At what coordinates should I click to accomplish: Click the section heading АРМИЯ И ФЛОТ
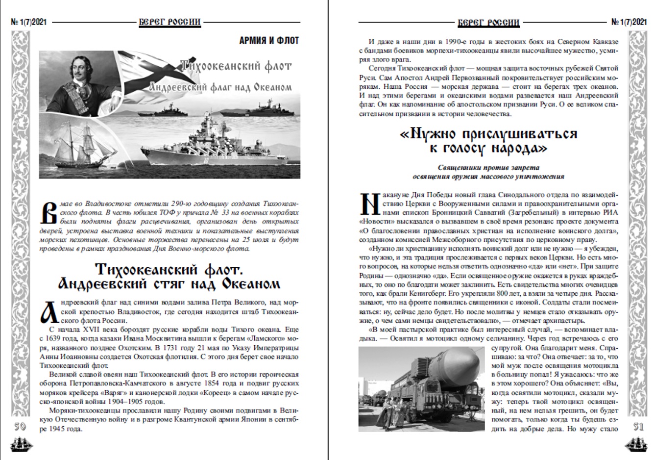pos(269,41)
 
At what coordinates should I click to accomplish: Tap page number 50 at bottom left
pos(20,427)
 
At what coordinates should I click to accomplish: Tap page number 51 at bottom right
pos(638,427)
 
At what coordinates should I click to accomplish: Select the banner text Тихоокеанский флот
pos(235,66)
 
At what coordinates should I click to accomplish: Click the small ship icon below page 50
pos(20,444)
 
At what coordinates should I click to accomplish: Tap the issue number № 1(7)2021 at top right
pos(630,22)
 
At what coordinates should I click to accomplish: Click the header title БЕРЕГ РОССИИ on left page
pos(170,22)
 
